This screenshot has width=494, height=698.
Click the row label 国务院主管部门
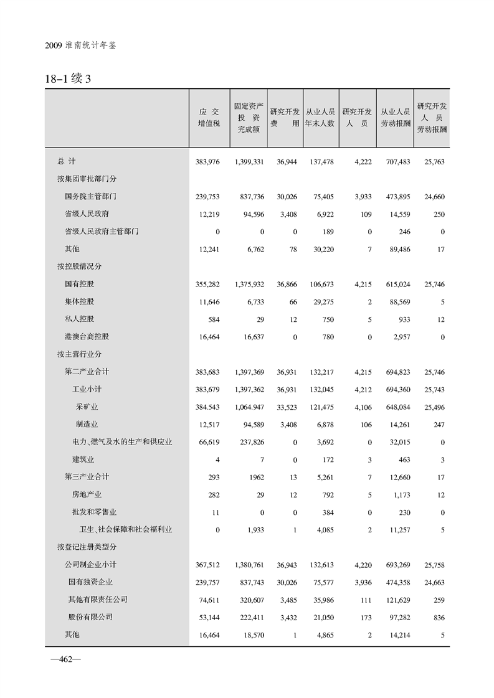pyautogui.click(x=91, y=197)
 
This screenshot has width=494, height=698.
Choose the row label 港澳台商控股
pyautogui.click(x=87, y=337)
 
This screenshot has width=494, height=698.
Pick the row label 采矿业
pyautogui.click(x=87, y=407)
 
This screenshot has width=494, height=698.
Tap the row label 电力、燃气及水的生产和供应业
pyautogui.click(x=122, y=442)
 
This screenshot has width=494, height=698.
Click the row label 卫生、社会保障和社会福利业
pyautogui.click(x=126, y=530)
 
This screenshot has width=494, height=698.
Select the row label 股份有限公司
pyautogui.click(x=93, y=617)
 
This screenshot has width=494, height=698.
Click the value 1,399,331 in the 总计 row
pyautogui.click(x=250, y=162)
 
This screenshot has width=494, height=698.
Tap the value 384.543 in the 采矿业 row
pyautogui.click(x=208, y=407)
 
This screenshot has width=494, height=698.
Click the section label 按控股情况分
pyautogui.click(x=79, y=266)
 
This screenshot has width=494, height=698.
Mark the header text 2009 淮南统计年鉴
pyautogui.click(x=81, y=46)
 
